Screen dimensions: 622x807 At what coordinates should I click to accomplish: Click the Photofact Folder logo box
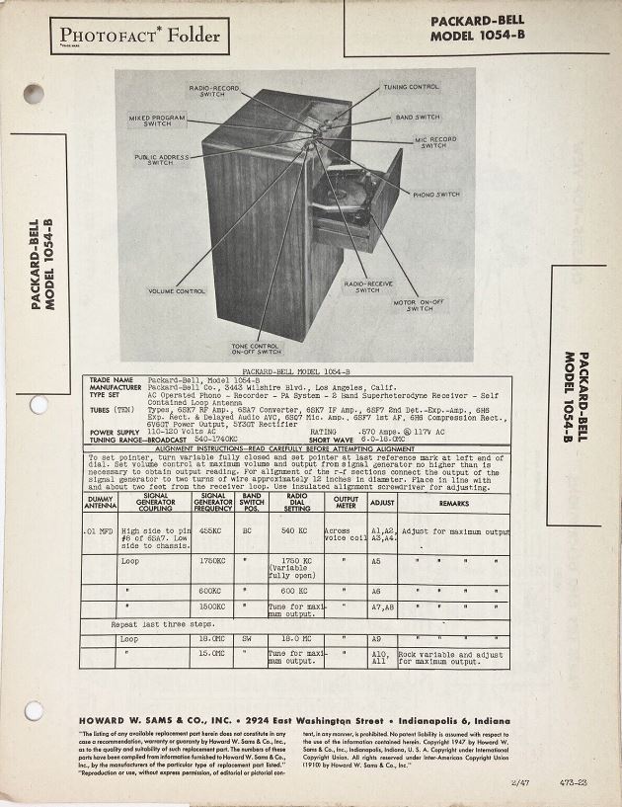point(137,39)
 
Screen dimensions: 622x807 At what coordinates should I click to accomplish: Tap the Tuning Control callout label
point(411,87)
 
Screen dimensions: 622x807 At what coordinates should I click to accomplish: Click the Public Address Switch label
point(160,159)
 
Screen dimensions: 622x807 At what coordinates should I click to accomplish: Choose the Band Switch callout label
point(418,117)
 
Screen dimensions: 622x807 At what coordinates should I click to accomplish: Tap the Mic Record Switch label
point(434,142)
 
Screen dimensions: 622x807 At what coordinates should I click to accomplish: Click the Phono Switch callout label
point(435,195)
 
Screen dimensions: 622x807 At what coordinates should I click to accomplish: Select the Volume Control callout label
point(177,290)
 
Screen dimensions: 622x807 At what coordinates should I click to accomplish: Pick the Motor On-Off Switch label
point(420,305)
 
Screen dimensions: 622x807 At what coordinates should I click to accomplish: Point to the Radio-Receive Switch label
point(367,286)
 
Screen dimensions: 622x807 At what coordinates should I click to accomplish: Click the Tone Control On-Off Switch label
point(256,348)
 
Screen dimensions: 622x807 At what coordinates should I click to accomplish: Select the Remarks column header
point(453,503)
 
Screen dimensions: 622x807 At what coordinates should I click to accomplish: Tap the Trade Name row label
point(112,379)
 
